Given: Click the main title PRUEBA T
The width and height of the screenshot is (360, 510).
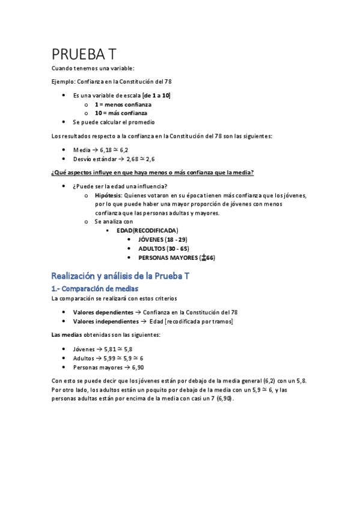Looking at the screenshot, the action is point(88,54).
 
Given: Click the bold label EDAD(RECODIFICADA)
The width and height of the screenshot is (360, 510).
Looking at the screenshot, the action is point(147,230).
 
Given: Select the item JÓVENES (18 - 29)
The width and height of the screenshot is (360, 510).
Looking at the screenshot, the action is point(163,239).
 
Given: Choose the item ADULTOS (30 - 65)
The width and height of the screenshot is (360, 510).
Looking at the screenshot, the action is point(163,248).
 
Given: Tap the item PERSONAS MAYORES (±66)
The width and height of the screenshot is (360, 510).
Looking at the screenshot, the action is point(177,257).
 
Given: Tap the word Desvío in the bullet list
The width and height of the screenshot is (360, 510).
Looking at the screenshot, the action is point(84,159).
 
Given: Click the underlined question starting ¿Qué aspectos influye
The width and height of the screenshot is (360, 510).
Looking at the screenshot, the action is point(153,173).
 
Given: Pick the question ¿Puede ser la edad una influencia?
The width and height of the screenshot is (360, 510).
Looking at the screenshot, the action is point(120,186).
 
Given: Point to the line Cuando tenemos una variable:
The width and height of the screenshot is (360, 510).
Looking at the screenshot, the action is point(93,68).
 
